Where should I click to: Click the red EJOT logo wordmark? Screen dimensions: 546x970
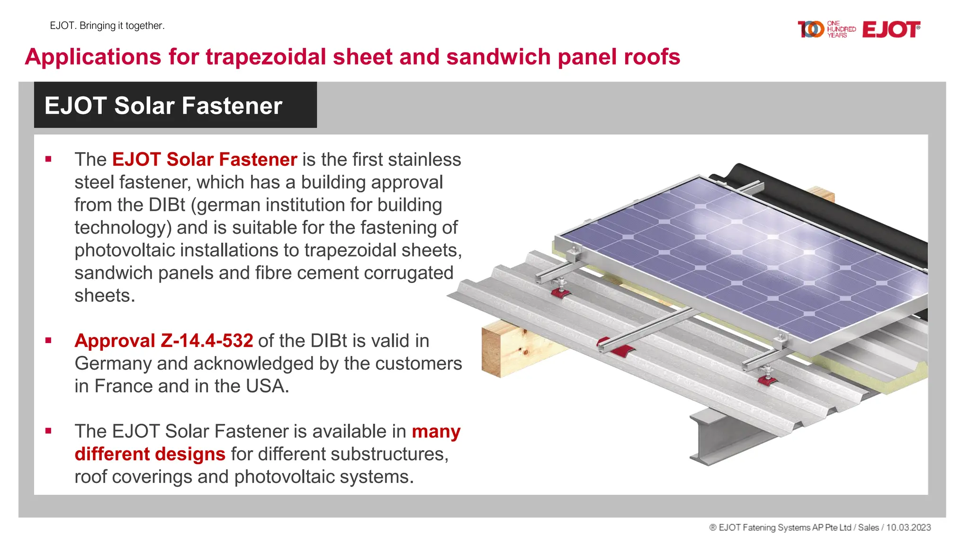pos(891,29)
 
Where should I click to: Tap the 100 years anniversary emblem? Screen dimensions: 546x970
pos(826,29)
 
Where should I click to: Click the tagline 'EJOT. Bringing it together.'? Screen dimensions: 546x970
pos(107,26)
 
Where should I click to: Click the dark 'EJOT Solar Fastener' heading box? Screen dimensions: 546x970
pos(175,105)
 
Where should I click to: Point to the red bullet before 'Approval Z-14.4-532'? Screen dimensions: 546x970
pos(48,340)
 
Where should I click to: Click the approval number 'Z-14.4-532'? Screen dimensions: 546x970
pos(207,341)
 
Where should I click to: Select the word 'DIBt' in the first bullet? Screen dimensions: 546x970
pos(167,205)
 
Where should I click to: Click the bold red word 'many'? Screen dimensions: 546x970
pos(436,431)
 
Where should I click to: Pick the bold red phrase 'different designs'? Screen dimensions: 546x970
pos(150,454)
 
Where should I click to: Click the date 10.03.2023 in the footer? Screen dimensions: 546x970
pos(908,528)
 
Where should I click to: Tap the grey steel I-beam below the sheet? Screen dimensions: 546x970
pos(710,438)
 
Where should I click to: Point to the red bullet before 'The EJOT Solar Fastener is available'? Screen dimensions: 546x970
pos(48,431)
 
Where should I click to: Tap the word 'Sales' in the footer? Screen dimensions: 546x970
pos(868,528)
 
